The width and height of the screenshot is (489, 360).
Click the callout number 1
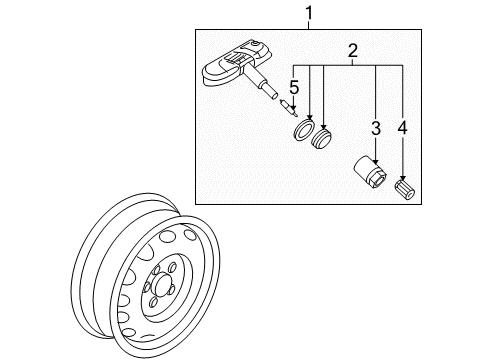click(309, 13)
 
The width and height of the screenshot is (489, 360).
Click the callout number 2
click(352, 51)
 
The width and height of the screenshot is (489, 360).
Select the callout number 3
click(376, 128)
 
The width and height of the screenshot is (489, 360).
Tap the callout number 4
click(403, 128)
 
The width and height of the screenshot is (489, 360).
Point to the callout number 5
click(294, 88)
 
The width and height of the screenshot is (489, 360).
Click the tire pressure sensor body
click(236, 64)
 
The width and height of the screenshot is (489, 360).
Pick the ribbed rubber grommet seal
click(321, 137)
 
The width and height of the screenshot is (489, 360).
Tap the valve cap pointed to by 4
click(405, 190)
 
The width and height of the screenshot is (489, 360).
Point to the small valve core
click(289, 108)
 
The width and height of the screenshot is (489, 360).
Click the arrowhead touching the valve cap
click(403, 178)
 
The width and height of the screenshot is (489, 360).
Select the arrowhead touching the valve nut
click(376, 160)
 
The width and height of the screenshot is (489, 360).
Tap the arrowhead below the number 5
click(293, 107)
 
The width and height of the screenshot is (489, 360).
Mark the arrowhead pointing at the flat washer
click(310, 117)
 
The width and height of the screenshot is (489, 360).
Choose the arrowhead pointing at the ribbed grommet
click(323, 126)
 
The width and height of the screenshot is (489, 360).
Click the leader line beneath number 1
click(309, 25)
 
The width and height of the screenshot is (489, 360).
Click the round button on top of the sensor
click(255, 44)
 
